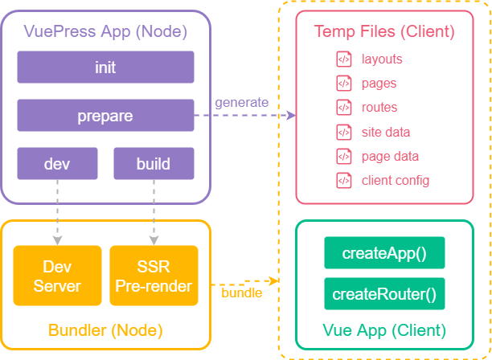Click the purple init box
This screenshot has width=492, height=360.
105,67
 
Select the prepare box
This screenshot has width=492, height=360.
105,116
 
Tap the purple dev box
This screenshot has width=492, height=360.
57,164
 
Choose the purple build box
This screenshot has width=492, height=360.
153,164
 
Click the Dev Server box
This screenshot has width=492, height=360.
57,276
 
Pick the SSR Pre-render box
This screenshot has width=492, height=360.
153,276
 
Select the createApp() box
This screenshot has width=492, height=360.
383,253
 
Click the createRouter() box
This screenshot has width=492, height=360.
383,293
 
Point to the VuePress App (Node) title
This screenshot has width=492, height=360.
105,32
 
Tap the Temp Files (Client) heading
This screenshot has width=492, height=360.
383,32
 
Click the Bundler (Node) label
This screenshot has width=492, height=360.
105,330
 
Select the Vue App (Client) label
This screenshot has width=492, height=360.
383,330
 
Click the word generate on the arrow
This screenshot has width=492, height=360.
240,103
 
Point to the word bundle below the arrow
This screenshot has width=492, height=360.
241,292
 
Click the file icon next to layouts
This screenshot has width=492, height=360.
343,59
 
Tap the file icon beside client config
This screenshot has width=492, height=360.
343,180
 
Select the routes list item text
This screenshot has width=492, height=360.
379,108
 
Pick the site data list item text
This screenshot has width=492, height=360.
385,132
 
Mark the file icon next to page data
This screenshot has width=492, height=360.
343,156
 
